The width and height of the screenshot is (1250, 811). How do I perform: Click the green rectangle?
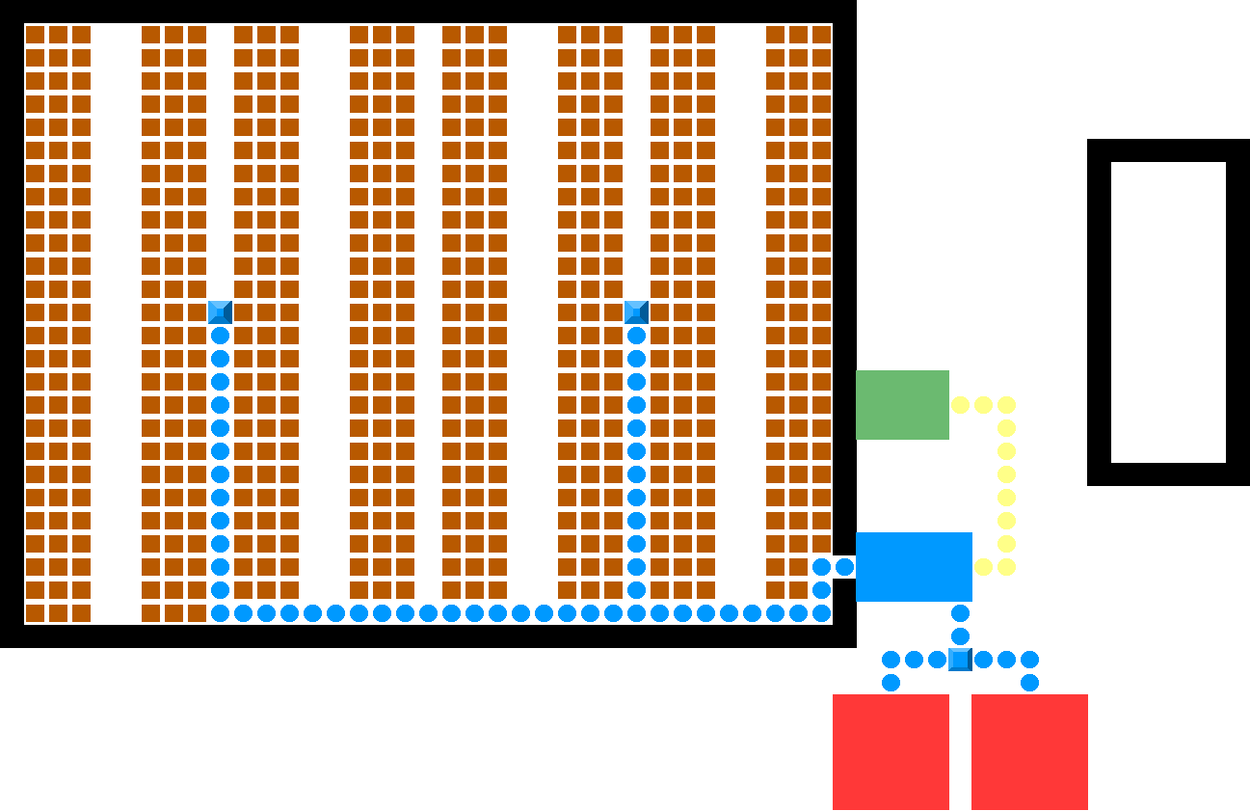point(902,405)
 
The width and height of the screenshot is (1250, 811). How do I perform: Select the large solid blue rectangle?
point(914,567)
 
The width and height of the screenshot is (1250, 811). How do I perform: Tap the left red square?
point(891,752)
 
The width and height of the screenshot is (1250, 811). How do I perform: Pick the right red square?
point(1029,752)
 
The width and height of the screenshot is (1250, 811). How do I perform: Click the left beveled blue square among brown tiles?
point(220,312)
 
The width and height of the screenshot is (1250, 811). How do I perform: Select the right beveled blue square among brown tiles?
point(636,312)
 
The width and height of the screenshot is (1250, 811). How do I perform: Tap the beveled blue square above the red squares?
point(960,660)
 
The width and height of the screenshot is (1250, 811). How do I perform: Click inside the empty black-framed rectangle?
point(1168,312)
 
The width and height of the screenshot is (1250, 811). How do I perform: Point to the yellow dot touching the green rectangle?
point(960,405)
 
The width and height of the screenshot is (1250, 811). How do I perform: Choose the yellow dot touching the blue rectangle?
point(983,567)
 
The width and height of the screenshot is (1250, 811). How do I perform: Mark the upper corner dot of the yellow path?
point(1006,405)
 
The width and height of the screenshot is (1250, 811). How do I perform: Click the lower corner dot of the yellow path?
point(1006,567)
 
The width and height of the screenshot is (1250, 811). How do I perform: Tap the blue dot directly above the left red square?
point(891,683)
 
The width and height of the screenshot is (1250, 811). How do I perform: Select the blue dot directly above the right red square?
point(1029,683)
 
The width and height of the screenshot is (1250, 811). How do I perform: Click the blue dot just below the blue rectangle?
point(960,613)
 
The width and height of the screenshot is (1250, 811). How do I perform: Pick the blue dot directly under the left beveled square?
point(220,336)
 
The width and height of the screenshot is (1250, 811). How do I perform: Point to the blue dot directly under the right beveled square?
point(636,336)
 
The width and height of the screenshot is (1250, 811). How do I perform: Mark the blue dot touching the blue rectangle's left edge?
point(844,567)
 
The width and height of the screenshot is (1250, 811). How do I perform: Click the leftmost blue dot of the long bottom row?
point(220,613)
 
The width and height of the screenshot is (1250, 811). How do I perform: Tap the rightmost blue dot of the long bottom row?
point(821,613)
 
